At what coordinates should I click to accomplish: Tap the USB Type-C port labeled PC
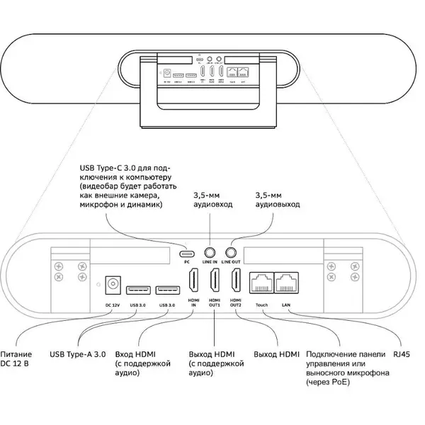point(188,253)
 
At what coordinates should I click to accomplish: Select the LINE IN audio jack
point(210,252)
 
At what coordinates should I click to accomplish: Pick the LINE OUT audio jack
point(231,252)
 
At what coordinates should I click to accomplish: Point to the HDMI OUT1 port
point(214,285)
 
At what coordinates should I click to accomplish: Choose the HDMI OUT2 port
point(236,285)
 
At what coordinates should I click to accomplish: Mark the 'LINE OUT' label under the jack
point(231,263)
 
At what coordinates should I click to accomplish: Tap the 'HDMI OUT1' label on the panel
point(214,302)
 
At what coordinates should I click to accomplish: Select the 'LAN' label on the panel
point(285,305)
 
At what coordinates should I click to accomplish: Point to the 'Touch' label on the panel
point(262,305)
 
